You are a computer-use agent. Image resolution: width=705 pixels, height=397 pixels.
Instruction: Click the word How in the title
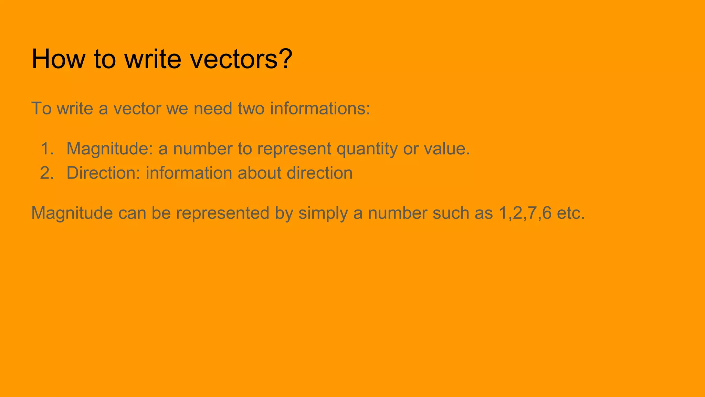(58, 59)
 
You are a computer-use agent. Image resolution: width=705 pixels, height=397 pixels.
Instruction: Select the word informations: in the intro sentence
(320, 109)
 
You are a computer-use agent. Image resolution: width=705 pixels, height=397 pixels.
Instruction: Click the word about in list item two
(259, 173)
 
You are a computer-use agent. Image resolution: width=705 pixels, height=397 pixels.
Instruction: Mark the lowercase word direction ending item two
(319, 173)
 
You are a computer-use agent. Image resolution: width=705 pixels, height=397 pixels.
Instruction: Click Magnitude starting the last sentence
(72, 213)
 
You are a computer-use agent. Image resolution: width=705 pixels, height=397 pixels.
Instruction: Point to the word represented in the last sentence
(222, 213)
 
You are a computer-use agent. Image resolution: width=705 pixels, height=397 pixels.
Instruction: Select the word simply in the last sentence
(323, 213)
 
